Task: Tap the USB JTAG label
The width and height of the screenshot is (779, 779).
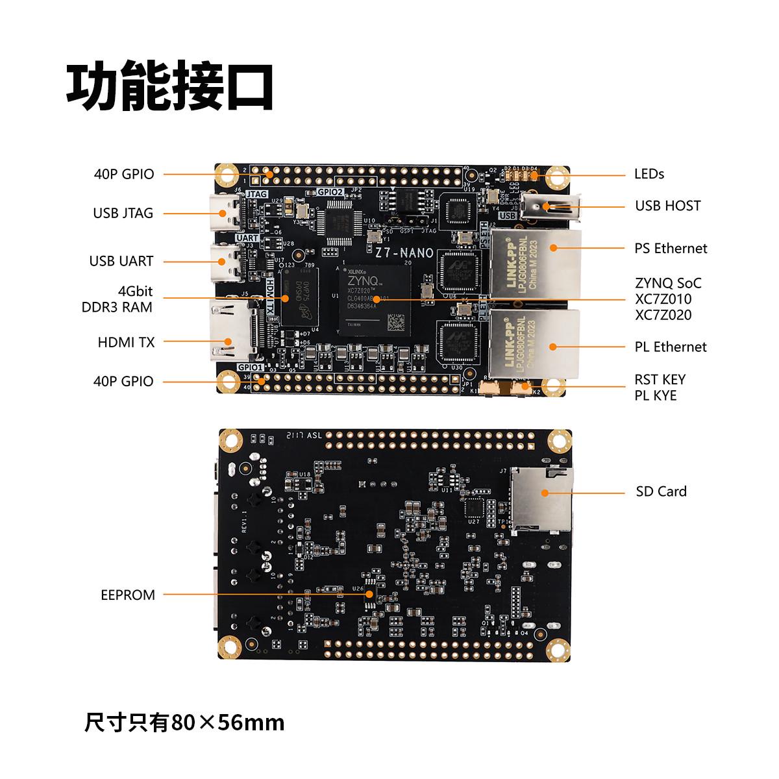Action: pos(123,213)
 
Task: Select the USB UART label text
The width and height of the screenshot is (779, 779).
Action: pos(121,261)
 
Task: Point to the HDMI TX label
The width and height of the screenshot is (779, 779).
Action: pos(126,342)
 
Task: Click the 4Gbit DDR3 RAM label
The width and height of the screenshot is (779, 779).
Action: pos(117,299)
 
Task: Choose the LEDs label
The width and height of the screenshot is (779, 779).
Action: pos(649,174)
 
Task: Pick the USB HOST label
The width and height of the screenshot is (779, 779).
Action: pos(667,206)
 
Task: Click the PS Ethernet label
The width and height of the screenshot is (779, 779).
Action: pos(671,248)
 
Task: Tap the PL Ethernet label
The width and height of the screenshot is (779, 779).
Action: pos(670,347)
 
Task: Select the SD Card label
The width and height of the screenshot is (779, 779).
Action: pos(661,491)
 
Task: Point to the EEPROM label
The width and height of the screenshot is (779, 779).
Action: pos(128,595)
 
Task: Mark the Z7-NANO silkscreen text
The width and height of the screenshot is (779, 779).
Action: pos(400,252)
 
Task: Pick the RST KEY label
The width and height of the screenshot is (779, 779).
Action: pos(660,380)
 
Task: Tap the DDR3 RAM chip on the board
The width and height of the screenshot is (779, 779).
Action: pos(301,298)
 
